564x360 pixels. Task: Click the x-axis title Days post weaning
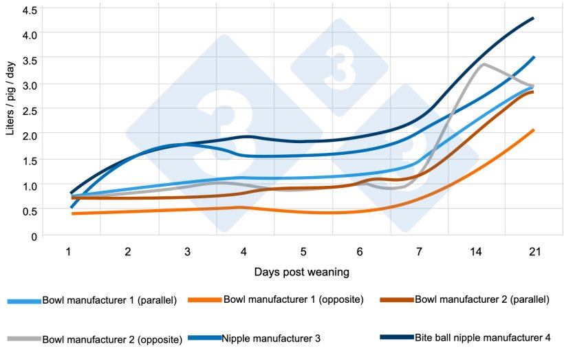coord(300,272)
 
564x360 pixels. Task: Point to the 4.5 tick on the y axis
coord(31,10)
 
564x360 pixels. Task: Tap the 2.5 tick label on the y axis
coord(31,110)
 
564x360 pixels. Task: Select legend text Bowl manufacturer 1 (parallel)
coord(109,300)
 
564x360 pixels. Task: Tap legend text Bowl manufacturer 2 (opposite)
coord(112,339)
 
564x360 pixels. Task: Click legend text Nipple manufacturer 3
coord(271,338)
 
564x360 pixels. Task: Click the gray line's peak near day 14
coord(484,64)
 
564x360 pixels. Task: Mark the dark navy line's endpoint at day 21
coord(533,18)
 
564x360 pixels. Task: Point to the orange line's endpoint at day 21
coord(533,129)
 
